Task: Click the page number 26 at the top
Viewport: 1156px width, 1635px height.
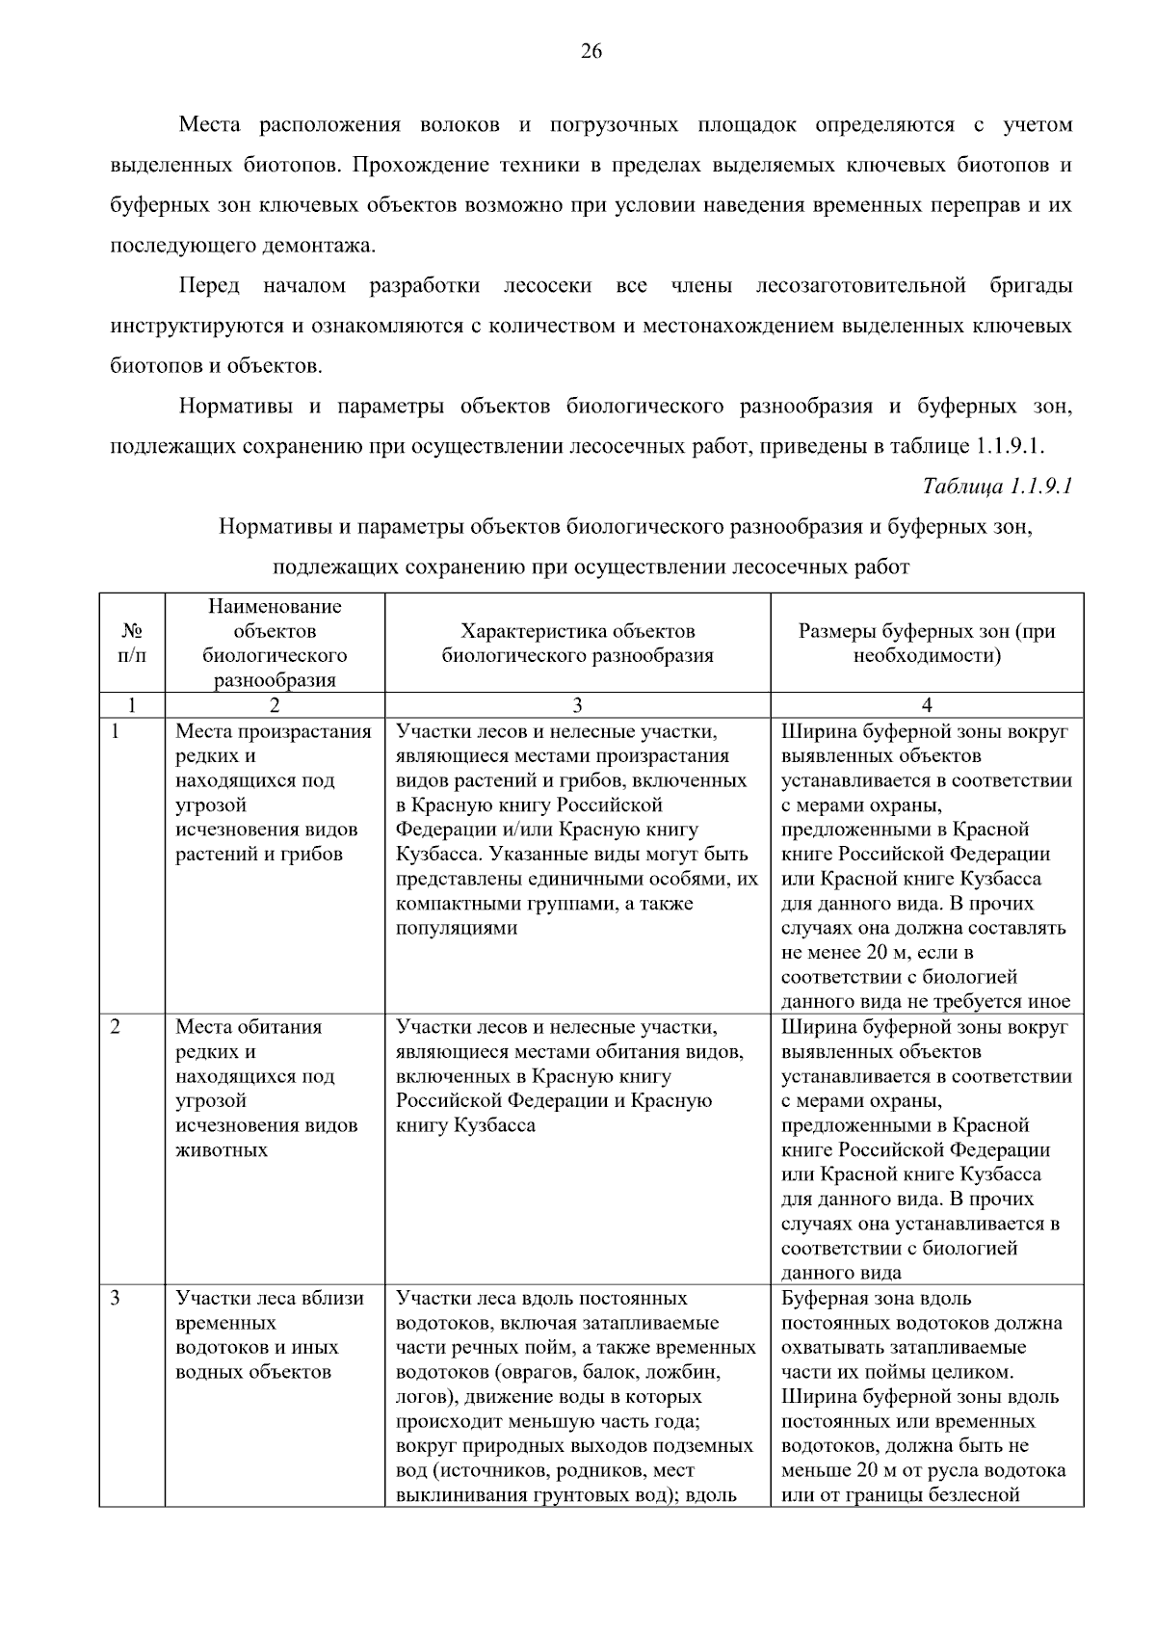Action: [591, 52]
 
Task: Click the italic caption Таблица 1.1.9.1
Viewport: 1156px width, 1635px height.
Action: [997, 486]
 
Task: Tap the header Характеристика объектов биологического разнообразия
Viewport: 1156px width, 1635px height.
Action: [577, 644]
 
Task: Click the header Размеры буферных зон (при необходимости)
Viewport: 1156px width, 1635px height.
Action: [927, 644]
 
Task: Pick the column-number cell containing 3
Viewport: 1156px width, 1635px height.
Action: [577, 705]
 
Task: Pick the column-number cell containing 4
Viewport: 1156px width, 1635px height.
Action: [927, 705]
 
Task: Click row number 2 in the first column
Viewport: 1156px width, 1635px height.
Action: [116, 1027]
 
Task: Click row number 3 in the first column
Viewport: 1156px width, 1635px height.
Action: [116, 1299]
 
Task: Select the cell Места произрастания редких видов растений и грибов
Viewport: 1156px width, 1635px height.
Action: [274, 793]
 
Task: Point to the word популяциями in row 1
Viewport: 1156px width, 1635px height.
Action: [457, 929]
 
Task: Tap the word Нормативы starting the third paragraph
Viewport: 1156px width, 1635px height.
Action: [235, 407]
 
